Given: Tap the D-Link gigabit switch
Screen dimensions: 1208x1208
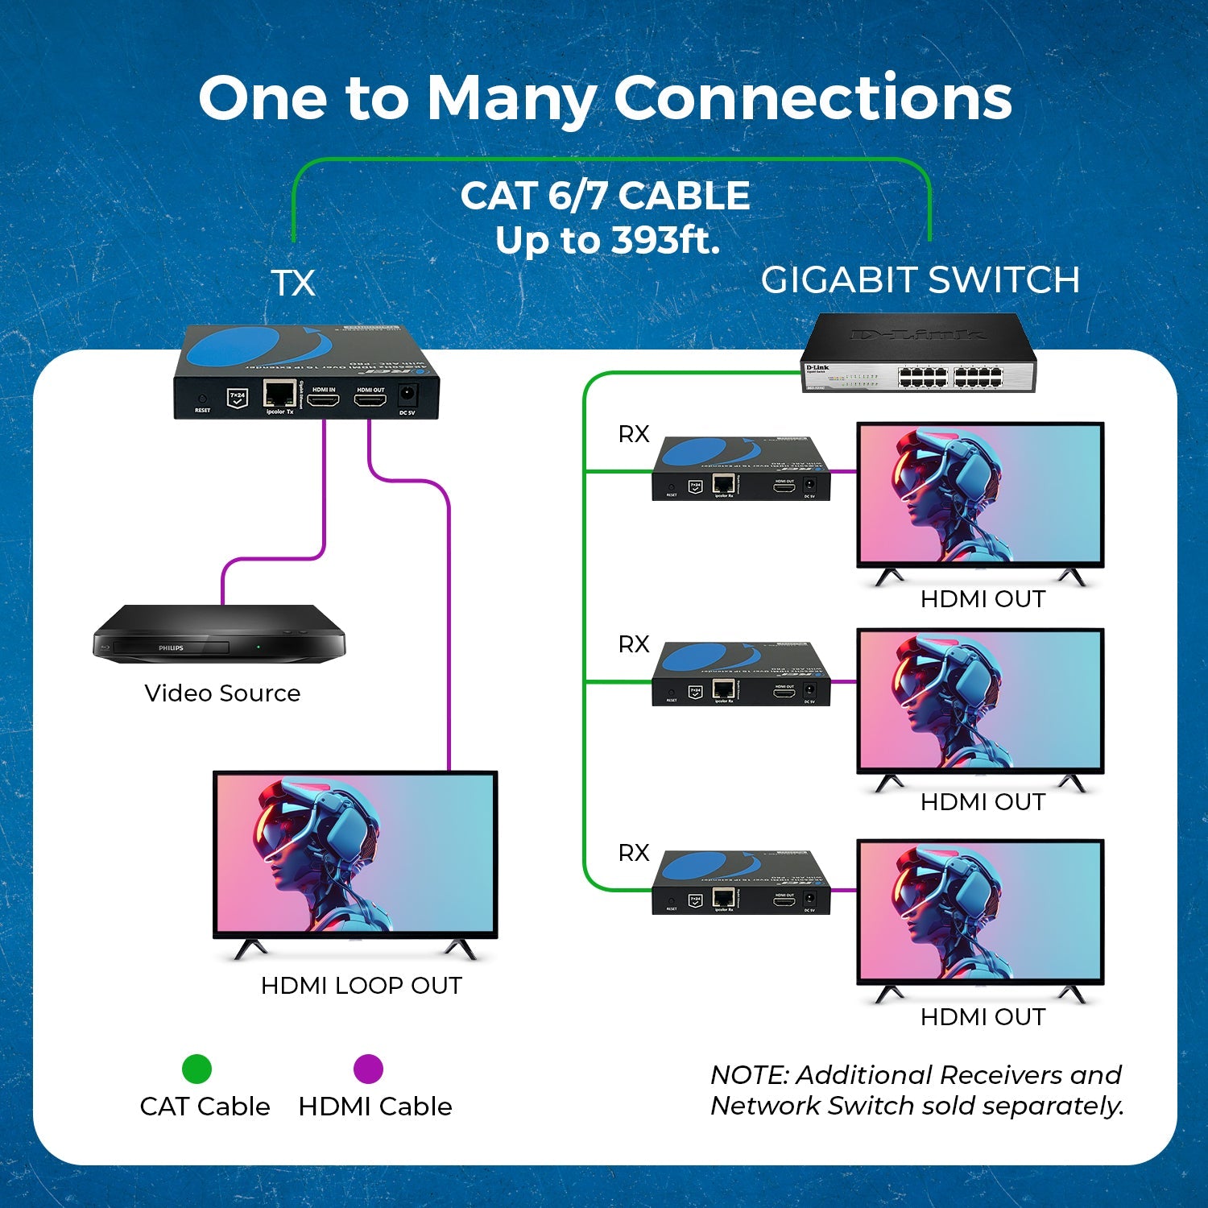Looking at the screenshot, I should click(919, 354).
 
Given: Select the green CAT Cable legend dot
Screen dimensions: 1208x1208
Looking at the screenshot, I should click(197, 1069).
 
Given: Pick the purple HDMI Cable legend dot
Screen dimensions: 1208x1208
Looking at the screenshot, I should click(368, 1069).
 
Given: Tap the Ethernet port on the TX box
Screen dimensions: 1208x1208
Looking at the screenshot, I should click(279, 395).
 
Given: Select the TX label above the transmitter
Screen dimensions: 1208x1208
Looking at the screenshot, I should click(293, 283).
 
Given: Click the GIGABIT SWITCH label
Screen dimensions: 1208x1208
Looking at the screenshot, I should click(920, 280).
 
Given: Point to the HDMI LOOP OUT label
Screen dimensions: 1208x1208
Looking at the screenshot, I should click(361, 986).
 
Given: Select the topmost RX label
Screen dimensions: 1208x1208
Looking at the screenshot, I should click(634, 434).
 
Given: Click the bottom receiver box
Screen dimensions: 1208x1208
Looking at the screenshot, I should click(740, 883).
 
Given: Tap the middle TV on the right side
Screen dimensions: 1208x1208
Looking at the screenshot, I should click(980, 701).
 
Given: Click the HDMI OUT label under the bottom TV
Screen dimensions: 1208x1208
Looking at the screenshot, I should click(983, 1017).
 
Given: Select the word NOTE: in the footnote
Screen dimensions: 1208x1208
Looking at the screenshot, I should click(749, 1075).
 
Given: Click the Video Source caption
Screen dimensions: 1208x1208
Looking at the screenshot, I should click(222, 693).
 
